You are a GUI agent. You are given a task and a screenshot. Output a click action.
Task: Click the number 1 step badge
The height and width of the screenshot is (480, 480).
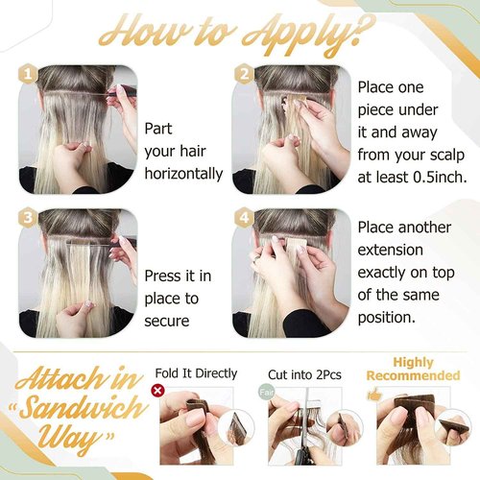point(32,73)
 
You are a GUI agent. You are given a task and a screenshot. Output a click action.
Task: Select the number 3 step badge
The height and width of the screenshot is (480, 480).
point(32,218)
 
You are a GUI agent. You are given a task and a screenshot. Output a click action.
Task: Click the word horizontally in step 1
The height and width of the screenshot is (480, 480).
point(183,174)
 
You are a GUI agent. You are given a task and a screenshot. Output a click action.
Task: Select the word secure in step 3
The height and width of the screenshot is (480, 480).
point(168,322)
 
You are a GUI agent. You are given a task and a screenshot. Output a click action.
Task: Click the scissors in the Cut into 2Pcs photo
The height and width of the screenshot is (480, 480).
point(309,447)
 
